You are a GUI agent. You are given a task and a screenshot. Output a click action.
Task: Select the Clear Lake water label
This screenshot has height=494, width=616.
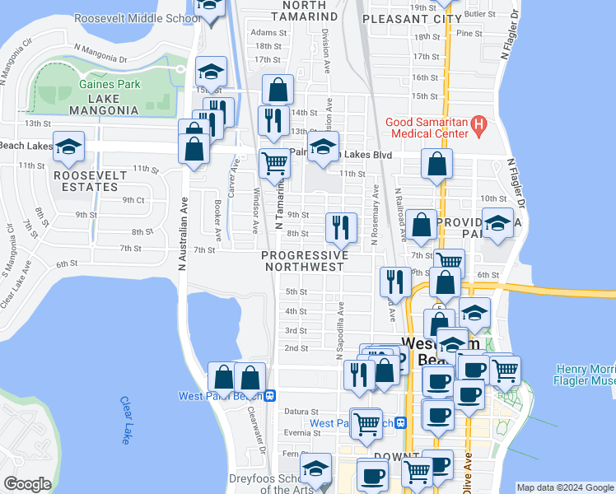pos(125,420)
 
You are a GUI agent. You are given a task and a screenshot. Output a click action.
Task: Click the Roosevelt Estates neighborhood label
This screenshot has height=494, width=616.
pos(91,181)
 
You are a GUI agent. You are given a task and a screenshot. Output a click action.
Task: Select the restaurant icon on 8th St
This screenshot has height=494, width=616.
pos(340,227)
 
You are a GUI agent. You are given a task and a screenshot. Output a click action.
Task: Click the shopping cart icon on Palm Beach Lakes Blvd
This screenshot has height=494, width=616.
pos(274,162)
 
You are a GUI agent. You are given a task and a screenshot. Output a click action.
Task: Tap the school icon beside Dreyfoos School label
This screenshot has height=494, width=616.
pos(315,468)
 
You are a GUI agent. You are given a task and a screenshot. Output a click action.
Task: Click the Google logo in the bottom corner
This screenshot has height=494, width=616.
pos(27,484)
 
